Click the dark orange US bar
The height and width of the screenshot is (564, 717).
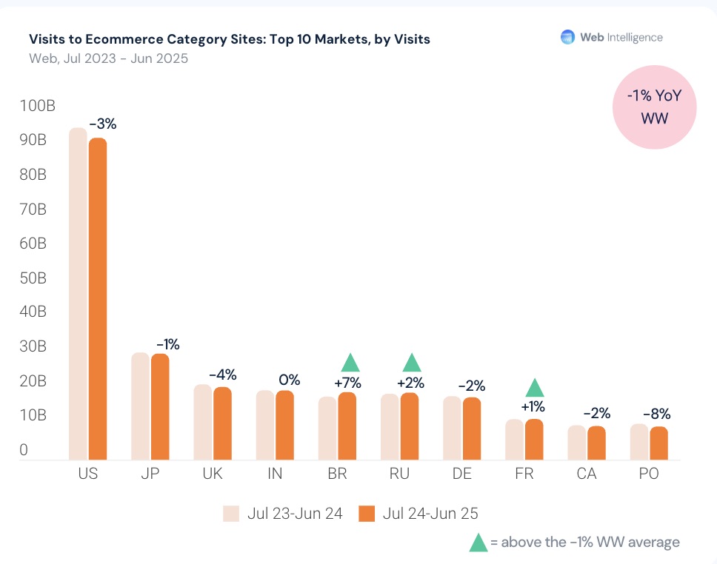coord(98,298)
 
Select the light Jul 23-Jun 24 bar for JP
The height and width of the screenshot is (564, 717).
coord(141,406)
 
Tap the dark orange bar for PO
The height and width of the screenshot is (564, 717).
coord(658,443)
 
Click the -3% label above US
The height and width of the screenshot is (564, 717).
coord(102,124)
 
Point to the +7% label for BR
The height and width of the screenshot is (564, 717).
coord(347,383)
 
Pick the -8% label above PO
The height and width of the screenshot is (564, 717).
coord(656,414)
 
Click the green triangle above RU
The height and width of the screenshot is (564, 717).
coord(412,363)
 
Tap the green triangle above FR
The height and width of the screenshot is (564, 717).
coord(535,388)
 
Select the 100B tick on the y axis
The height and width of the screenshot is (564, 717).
coord(37,106)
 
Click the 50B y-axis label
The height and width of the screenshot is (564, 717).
coord(33,278)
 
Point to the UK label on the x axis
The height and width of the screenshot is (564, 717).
coord(213,474)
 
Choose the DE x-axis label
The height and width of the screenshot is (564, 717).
coord(461,474)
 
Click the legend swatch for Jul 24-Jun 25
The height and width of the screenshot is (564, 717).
coord(367,514)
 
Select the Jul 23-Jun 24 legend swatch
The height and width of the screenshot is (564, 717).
coord(231,514)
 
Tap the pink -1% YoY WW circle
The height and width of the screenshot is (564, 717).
coord(654,108)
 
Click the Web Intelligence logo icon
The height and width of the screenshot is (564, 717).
coord(567,37)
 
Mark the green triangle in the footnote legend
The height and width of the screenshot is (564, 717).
coord(478,543)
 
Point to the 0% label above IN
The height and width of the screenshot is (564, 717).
coord(289,380)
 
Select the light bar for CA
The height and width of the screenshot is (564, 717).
coord(576,442)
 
